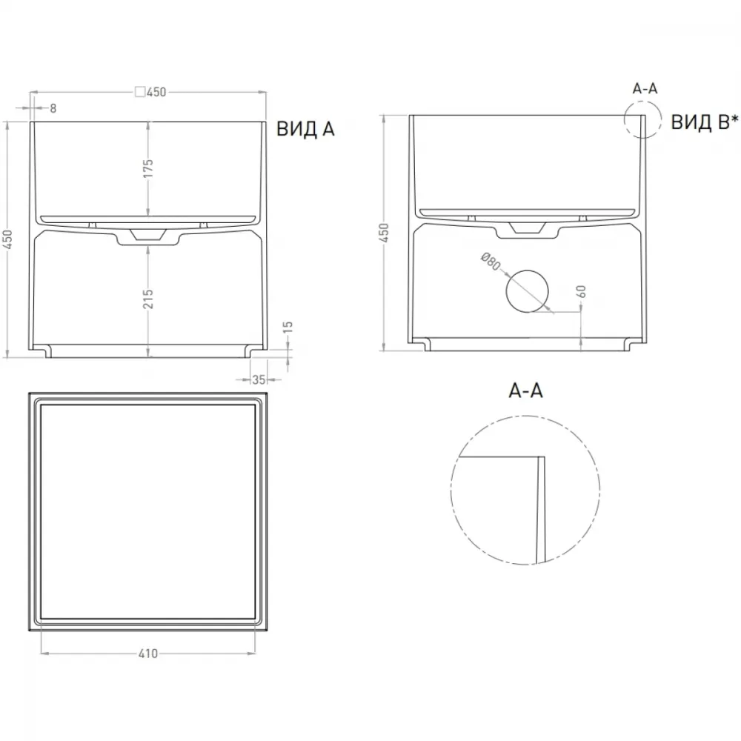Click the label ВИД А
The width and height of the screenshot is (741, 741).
coord(305,128)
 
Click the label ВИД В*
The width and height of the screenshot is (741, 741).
coord(704,122)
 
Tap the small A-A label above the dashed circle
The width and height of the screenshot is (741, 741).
coord(645,88)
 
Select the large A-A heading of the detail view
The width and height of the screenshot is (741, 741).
coord(525,391)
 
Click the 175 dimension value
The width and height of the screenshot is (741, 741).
coord(148,169)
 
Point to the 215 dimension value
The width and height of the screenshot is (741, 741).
coord(148,299)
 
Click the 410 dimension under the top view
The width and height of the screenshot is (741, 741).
coord(148,654)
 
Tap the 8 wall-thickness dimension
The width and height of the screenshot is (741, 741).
coord(53,108)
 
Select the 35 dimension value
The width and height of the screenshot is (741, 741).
coord(259,379)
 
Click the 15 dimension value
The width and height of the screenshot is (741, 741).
coord(288,327)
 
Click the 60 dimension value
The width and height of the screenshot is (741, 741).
coord(582,291)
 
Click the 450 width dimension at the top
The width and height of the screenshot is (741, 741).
coord(156,92)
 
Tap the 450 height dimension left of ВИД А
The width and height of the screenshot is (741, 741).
coord(8,239)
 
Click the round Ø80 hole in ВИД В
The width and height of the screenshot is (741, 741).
coord(528,291)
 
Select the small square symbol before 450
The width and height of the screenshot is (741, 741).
coord(140,92)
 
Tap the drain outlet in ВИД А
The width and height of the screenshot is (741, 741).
coord(148,236)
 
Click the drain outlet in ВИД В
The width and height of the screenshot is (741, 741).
coord(527,230)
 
